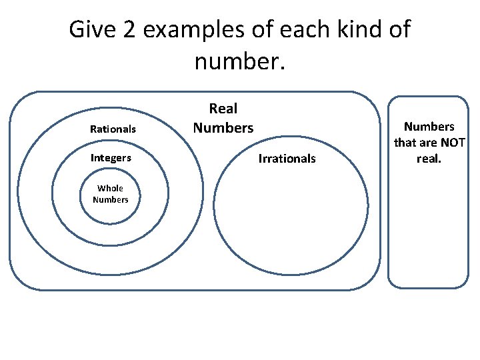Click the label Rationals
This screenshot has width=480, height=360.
tap(113, 129)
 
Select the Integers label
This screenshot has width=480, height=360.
tap(111, 159)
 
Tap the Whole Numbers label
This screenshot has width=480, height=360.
tap(111, 194)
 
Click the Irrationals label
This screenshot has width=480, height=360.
tap(287, 159)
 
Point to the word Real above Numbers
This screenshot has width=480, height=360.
tap(223, 109)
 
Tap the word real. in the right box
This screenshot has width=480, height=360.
tap(429, 159)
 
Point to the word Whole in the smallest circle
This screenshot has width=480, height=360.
tap(111, 189)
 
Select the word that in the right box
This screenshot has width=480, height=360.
tap(405, 143)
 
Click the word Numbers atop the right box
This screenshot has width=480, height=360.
tap(429, 127)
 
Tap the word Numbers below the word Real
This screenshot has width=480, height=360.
tap(223, 127)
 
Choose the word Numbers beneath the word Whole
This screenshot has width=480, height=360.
tap(111, 200)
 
